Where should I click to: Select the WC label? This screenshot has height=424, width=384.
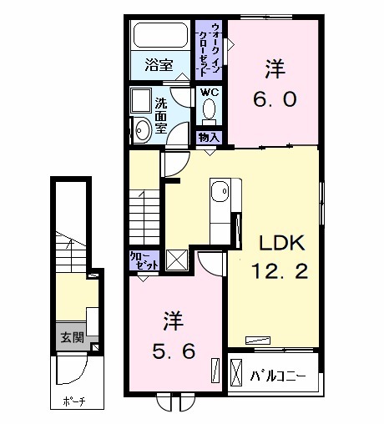pos(209,93)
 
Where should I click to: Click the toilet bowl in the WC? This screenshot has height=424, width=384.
pos(209,110)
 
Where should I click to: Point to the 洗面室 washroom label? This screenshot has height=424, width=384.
pos(160,114)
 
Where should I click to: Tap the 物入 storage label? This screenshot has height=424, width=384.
pos(209,137)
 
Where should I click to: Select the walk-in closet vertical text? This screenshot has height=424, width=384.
pos(210,48)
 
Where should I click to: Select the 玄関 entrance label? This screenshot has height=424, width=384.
pos(71,337)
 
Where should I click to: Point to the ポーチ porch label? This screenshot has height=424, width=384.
pos(73,401)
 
